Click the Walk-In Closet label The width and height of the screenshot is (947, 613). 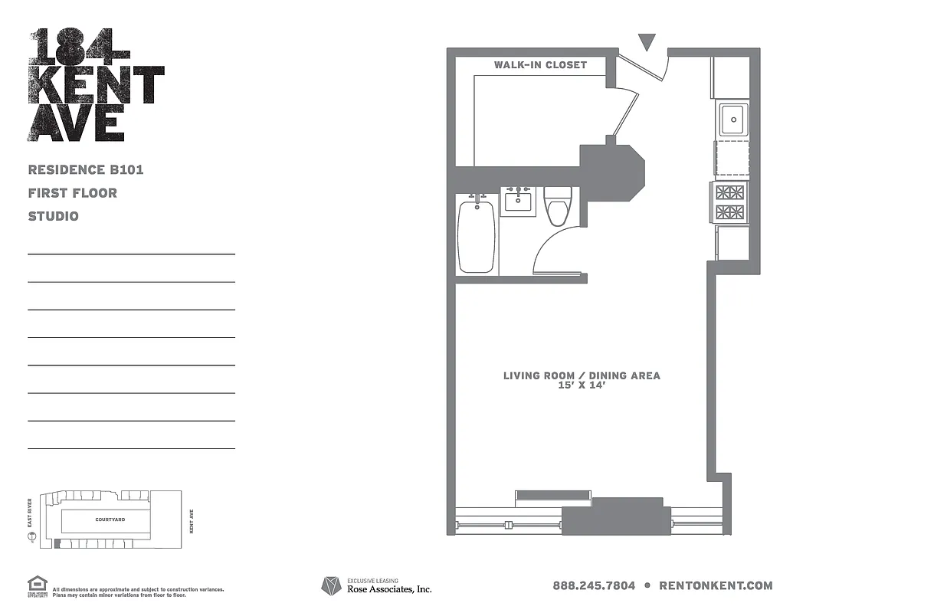coord(540,65)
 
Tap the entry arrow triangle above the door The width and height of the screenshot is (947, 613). coord(647,42)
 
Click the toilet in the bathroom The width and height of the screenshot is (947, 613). coord(557,206)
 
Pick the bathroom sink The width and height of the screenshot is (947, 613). coord(519,202)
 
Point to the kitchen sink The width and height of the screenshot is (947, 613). coord(732,120)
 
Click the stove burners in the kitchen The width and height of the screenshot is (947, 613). coord(731,202)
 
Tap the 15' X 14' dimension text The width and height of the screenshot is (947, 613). coord(582,386)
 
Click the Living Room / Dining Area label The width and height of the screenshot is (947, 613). coord(582,375)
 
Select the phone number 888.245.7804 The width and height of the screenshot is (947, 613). coord(594,585)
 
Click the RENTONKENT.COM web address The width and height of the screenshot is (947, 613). coord(716,585)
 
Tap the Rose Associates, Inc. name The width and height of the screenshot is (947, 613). coord(389,589)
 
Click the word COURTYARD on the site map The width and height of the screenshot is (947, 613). coord(110,520)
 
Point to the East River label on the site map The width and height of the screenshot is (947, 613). coord(30,513)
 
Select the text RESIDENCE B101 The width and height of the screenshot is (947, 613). coord(86,169)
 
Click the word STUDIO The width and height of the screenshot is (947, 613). coord(53,216)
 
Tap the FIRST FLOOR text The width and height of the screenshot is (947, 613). coord(73,192)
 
